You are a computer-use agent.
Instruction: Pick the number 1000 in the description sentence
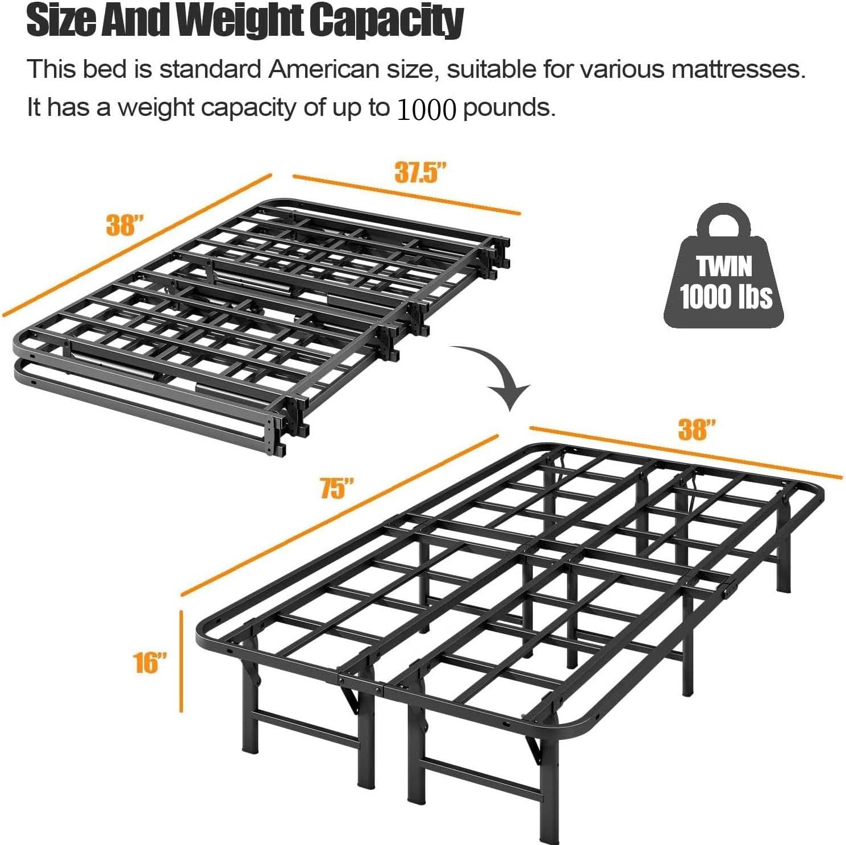[427, 109]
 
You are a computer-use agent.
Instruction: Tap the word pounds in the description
[509, 107]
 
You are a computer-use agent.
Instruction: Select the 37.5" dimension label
[420, 172]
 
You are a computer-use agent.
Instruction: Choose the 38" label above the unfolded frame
[697, 430]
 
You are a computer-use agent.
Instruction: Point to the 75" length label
[337, 488]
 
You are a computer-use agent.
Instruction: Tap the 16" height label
[150, 663]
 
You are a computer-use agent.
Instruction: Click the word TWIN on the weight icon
[724, 266]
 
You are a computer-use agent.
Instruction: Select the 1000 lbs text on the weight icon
[726, 296]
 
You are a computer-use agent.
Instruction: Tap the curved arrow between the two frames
[500, 375]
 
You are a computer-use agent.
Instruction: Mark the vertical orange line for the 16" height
[181, 661]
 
